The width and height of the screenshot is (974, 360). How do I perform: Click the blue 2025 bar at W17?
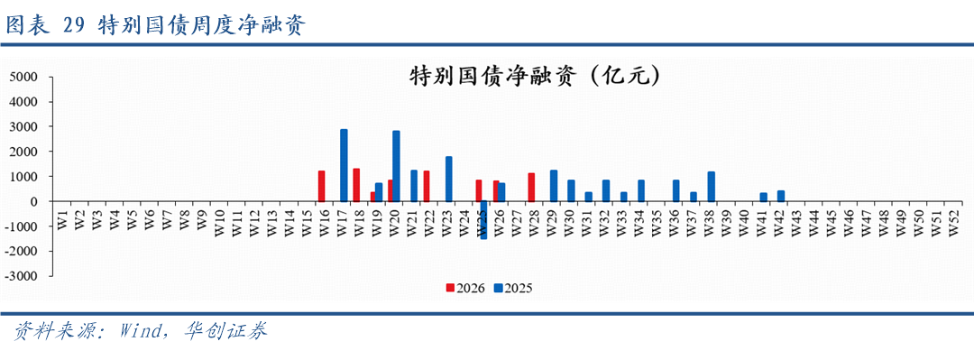(344, 165)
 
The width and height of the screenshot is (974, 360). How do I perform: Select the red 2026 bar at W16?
(322, 186)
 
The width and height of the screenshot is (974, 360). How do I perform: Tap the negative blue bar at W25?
(483, 220)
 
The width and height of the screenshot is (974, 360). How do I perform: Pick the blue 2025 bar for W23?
(448, 179)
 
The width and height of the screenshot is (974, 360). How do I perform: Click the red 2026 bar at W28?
(531, 187)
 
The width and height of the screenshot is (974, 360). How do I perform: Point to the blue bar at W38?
(712, 187)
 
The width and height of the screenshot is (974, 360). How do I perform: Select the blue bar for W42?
(781, 196)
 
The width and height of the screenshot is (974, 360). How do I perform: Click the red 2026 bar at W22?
(427, 186)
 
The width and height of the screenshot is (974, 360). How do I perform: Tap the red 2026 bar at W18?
(356, 185)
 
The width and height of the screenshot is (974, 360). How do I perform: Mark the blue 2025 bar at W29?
(554, 186)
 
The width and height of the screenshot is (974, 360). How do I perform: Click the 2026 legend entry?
(466, 288)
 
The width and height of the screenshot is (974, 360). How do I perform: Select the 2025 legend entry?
(514, 288)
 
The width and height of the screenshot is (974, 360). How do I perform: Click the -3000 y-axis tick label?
(23, 276)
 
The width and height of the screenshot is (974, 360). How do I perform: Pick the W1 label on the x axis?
(62, 219)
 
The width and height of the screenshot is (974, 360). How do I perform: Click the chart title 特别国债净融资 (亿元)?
(534, 77)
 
